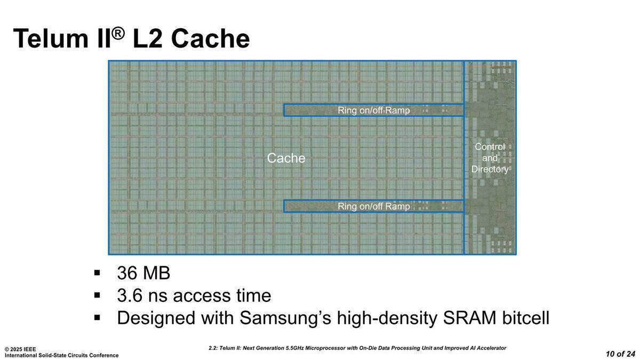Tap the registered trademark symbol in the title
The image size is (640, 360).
pos(118,33)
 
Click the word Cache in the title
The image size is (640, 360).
pos(211,39)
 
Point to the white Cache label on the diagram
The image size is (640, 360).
pos(286,158)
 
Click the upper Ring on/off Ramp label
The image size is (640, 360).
pos(374,110)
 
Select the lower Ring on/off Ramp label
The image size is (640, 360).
pos(374,206)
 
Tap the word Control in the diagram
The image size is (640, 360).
pos(490,147)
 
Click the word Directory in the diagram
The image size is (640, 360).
pos(490,169)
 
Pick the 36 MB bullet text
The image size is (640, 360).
pos(143,273)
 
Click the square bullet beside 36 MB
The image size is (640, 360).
pos(97,273)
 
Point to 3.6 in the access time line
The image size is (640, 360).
pos(130,295)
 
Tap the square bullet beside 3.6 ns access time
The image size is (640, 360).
pos(97,295)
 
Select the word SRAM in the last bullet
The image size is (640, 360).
pos(463,318)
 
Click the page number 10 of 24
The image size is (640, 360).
pos(620,354)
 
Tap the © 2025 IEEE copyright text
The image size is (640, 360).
pos(20,349)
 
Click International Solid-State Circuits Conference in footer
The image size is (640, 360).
pos(62,355)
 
